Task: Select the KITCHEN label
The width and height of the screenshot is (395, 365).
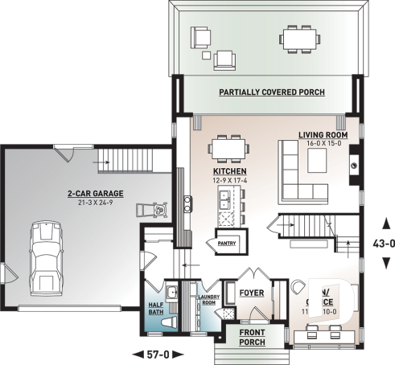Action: click(x=228, y=172)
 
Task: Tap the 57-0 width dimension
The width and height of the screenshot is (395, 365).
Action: click(x=157, y=353)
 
